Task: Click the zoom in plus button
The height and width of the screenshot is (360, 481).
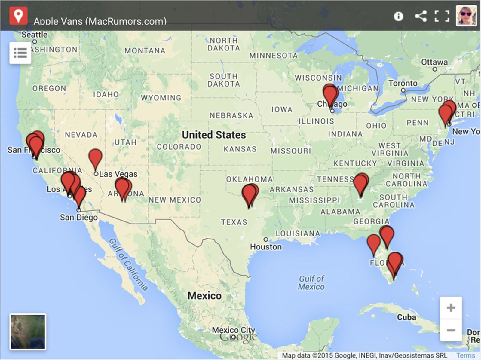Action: [451, 308]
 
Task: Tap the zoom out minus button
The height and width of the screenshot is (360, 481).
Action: [451, 330]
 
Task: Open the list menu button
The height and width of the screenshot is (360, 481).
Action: [20, 53]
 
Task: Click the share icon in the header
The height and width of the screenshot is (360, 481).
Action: [421, 16]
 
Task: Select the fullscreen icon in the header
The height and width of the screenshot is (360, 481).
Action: [442, 16]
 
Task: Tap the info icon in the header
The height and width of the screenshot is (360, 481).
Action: [398, 16]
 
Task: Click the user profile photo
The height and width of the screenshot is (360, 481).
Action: [466, 15]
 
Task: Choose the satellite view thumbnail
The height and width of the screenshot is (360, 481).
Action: [28, 332]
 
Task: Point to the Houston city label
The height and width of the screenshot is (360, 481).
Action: [266, 247]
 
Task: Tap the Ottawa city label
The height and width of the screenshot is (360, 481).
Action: [434, 62]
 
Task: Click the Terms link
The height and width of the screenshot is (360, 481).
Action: [466, 355]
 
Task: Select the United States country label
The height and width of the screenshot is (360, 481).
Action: [214, 135]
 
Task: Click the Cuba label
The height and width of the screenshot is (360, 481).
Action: [406, 317]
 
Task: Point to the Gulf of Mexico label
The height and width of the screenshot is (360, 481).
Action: [311, 282]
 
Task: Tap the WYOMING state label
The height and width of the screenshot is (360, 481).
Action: [161, 98]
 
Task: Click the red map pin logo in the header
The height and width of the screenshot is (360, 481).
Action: [18, 15]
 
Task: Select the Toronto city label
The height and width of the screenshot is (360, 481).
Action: [403, 83]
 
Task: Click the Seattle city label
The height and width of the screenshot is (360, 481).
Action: [35, 35]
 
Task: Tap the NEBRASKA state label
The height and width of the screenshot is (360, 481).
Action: [231, 115]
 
